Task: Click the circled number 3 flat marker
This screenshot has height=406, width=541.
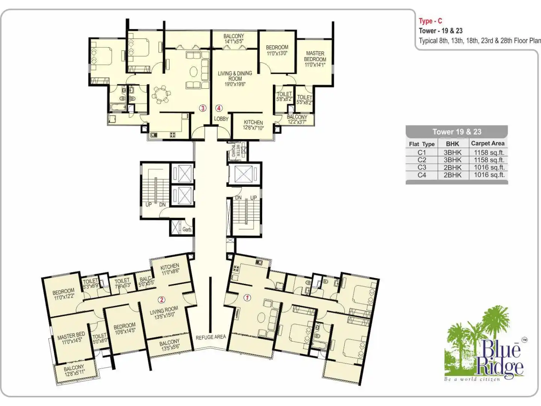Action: [202, 108]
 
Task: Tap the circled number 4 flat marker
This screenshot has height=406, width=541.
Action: [219, 108]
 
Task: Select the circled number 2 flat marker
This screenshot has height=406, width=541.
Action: [162, 300]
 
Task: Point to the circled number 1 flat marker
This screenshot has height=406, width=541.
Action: [247, 298]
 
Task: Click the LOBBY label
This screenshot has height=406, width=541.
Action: [221, 119]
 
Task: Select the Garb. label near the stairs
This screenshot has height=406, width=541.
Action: [187, 229]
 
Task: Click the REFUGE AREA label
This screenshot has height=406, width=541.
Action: [211, 337]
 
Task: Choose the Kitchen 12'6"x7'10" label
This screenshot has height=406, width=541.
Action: [253, 125]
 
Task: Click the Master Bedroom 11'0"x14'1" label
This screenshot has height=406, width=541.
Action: [315, 59]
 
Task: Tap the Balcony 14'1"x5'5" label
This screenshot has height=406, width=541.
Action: [234, 39]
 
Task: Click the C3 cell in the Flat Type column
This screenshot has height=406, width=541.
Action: [422, 167]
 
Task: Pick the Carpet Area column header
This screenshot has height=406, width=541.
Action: [488, 143]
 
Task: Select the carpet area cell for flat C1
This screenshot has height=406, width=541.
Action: [489, 152]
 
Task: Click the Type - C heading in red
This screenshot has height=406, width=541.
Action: [430, 21]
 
